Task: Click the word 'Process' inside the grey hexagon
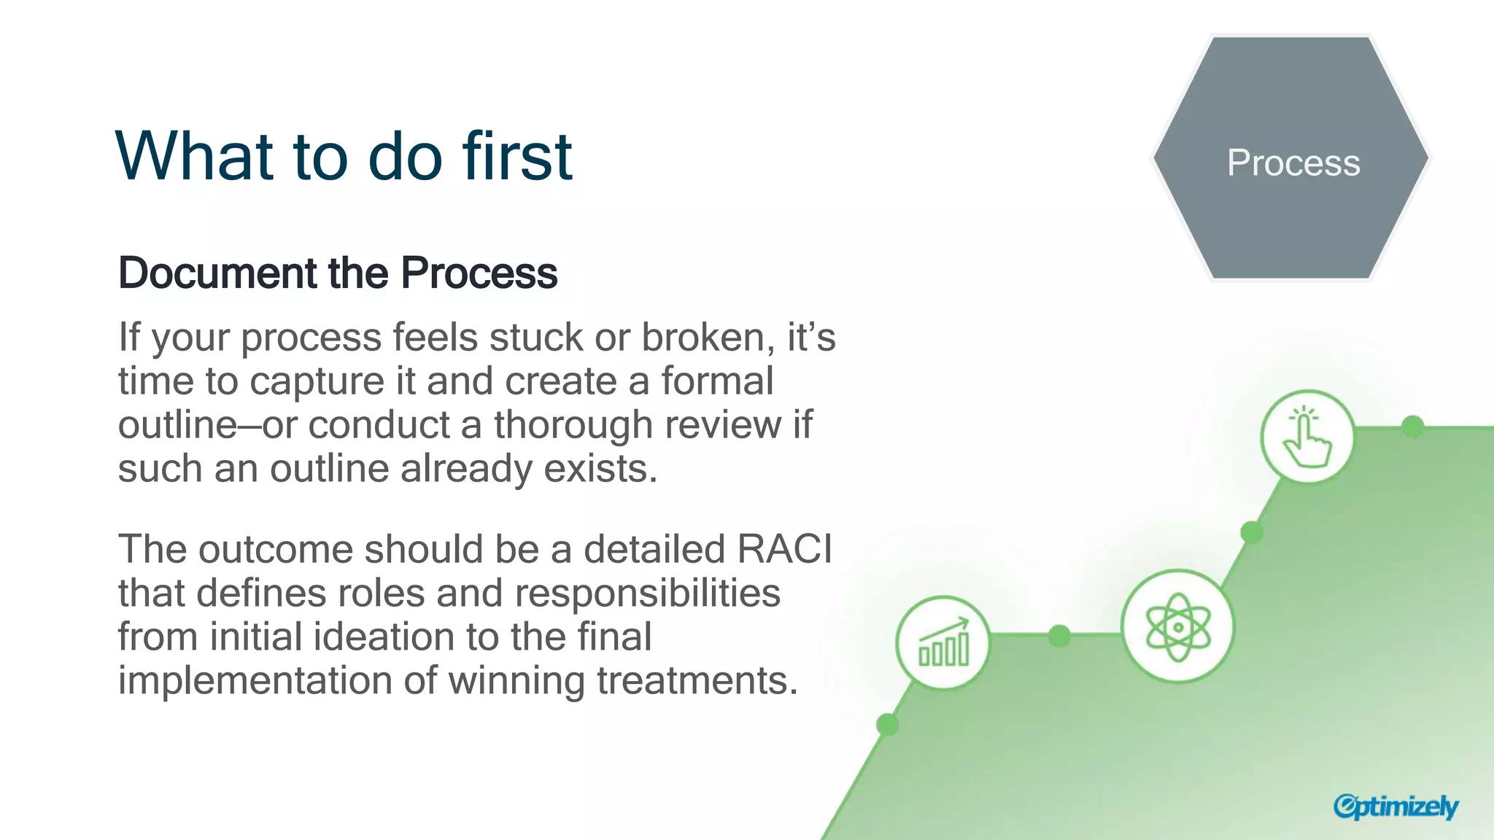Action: click(1293, 163)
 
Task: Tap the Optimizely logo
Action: click(1395, 806)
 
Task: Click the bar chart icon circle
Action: click(943, 642)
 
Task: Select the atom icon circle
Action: click(1177, 626)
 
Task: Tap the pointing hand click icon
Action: click(1307, 437)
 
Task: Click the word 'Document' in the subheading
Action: click(217, 273)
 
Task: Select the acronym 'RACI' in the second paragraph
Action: click(784, 548)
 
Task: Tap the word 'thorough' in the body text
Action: click(573, 424)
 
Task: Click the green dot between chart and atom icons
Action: click(1059, 636)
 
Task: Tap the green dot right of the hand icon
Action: click(1413, 427)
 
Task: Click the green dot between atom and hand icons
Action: click(1252, 532)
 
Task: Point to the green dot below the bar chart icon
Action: click(887, 725)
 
